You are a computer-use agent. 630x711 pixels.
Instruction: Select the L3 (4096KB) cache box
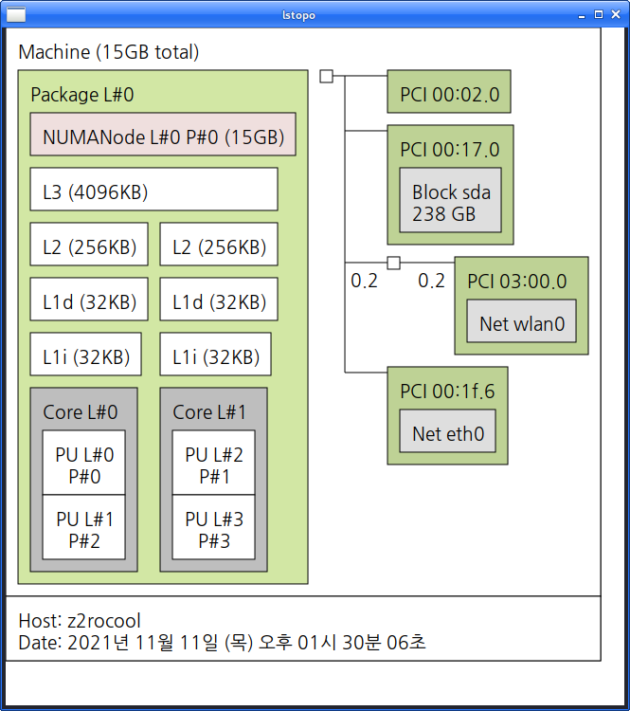coord(153,190)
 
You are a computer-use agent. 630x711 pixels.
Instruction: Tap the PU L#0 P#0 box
coord(83,464)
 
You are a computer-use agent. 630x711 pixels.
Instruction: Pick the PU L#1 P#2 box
coord(83,532)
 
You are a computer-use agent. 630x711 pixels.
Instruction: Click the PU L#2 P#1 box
coord(213,464)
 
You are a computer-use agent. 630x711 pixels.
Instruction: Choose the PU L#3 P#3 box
coord(213,532)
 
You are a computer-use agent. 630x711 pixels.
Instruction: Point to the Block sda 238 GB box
coord(450,202)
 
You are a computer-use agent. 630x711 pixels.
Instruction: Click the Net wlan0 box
coord(521,322)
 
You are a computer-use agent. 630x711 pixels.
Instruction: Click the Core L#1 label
coord(209,412)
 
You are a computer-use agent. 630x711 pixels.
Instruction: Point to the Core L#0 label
coord(80,412)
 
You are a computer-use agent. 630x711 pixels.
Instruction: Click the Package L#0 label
coord(82,95)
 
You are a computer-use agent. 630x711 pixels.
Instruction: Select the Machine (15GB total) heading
coord(109,52)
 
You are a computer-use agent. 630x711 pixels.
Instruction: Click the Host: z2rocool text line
coord(80,621)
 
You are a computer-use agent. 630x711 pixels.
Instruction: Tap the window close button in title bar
coord(615,14)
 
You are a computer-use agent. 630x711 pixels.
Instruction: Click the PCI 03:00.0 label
coord(516,282)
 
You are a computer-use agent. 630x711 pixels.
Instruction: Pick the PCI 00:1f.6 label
coord(447,392)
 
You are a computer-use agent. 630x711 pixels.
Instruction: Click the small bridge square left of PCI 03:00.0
coord(393,263)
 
